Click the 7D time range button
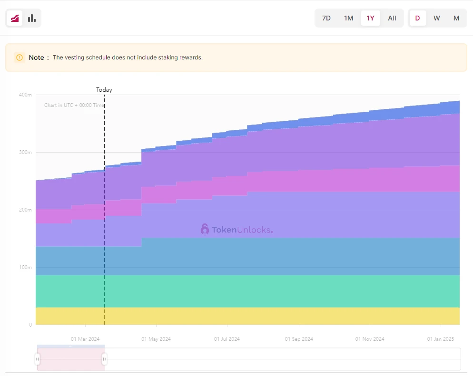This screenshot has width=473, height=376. click(326, 18)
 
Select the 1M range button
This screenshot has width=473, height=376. click(348, 18)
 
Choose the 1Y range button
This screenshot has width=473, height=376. click(370, 18)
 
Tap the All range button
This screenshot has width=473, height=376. click(392, 18)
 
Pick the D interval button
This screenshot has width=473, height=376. click(417, 18)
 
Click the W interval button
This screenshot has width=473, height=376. click(436, 18)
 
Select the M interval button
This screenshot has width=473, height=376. click(456, 18)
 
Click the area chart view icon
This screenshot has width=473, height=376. click(15, 18)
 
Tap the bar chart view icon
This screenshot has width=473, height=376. click(32, 18)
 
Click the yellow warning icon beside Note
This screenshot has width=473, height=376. click(20, 58)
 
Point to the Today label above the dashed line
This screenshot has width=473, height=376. click(104, 89)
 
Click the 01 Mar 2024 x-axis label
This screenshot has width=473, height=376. click(85, 339)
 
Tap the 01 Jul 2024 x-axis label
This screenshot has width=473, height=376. click(227, 339)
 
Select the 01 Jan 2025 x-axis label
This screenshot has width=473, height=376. click(441, 339)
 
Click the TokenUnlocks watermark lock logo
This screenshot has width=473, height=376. click(205, 229)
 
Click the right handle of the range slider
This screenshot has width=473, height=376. click(104, 359)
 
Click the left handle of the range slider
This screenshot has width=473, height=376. click(38, 359)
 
